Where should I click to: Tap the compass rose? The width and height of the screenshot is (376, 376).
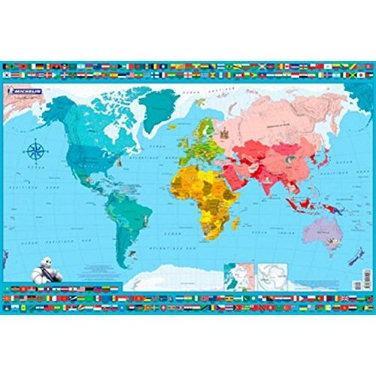(x=35, y=150)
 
